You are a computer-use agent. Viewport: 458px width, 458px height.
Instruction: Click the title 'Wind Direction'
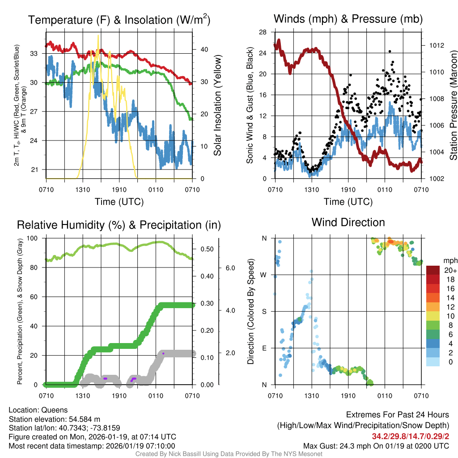348,222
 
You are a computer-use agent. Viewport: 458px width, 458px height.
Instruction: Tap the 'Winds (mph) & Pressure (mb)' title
348,19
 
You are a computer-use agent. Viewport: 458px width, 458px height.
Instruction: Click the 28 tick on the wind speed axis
263,32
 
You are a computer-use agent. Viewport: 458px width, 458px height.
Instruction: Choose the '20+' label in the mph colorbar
450,271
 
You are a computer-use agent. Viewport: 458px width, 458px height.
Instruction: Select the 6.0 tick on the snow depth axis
230,268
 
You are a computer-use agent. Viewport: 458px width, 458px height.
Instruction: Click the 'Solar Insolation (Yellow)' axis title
218,106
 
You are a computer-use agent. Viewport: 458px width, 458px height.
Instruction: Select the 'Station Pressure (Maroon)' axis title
453,106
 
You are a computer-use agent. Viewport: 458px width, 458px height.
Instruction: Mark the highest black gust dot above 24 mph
390,52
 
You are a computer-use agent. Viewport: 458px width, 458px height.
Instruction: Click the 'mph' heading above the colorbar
449,260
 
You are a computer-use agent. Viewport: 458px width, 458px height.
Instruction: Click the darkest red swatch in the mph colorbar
433,270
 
